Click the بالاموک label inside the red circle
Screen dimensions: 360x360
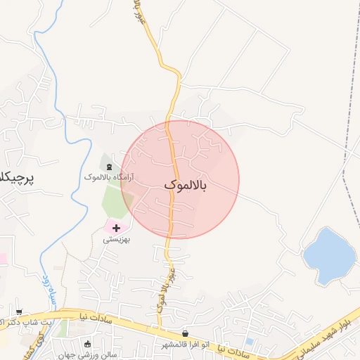(186, 185)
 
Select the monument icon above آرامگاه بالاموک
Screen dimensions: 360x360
(109, 166)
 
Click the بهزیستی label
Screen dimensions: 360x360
(117, 239)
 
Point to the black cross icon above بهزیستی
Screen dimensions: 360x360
(116, 228)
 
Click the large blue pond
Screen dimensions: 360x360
(329, 255)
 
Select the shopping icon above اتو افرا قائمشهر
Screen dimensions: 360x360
(186, 333)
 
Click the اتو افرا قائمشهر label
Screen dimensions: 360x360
(186, 345)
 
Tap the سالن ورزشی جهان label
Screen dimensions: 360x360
(87, 354)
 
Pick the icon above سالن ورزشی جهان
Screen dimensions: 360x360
(88, 344)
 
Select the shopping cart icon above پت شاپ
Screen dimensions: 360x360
(19, 311)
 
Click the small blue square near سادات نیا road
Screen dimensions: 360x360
(250, 342)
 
